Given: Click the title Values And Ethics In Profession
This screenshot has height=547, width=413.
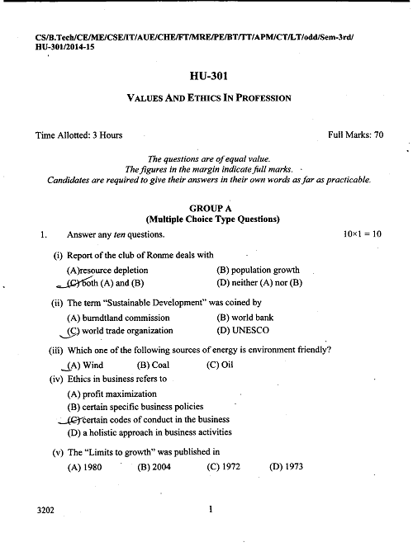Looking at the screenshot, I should pos(208,98).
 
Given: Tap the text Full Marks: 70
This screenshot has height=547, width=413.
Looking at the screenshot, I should pos(355,134).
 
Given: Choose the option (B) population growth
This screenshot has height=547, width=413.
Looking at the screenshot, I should pos(258,270).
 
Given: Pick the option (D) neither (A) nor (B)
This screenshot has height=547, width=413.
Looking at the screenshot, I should pos(260,283).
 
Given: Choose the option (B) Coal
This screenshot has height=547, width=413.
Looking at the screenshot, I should pos(154,365).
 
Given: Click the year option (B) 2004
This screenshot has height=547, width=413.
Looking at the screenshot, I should pos(154,466).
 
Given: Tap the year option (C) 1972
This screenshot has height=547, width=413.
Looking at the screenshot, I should pos(223,466).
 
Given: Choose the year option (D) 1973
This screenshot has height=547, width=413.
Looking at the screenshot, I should pos(287,466).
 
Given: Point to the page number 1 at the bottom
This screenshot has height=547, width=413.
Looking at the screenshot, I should pos(211,510).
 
